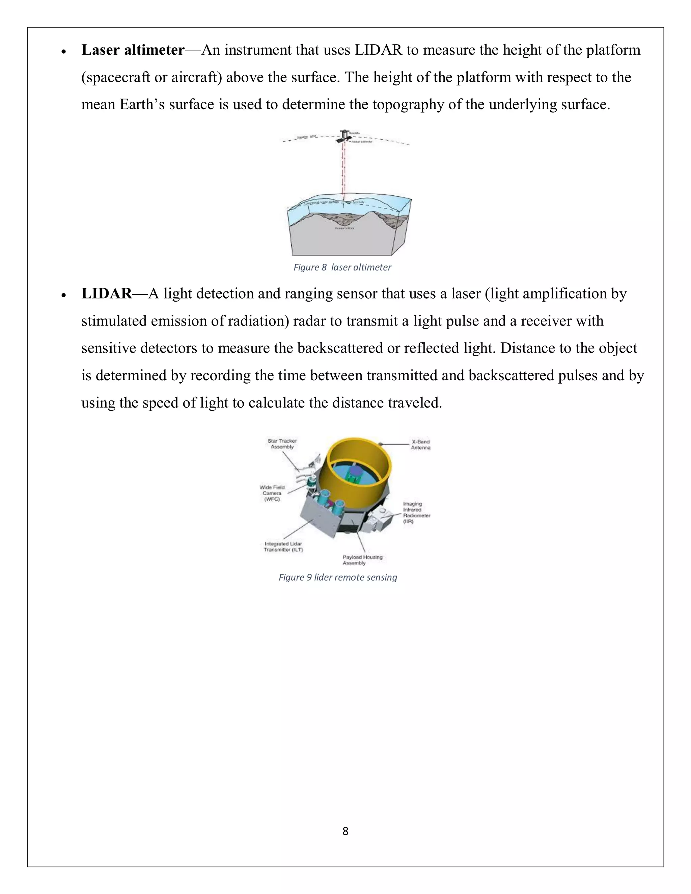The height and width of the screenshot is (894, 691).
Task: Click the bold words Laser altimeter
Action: coord(133,50)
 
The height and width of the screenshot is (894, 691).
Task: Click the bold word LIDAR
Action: coord(106,294)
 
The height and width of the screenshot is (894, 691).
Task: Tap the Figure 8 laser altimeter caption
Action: coord(342,267)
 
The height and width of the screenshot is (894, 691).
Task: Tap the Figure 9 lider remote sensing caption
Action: coord(338,577)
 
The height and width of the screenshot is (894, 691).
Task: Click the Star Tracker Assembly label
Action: coord(282,444)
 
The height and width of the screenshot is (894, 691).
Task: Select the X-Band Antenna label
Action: coord(420,445)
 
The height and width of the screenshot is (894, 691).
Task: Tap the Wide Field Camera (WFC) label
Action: coord(272,493)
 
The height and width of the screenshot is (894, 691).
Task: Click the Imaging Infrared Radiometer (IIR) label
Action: coord(416,512)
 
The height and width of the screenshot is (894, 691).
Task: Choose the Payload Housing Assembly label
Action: coord(362,560)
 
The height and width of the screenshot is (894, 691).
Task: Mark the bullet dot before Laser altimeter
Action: coord(63,52)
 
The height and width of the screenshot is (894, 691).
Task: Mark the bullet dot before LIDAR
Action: coord(63,295)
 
